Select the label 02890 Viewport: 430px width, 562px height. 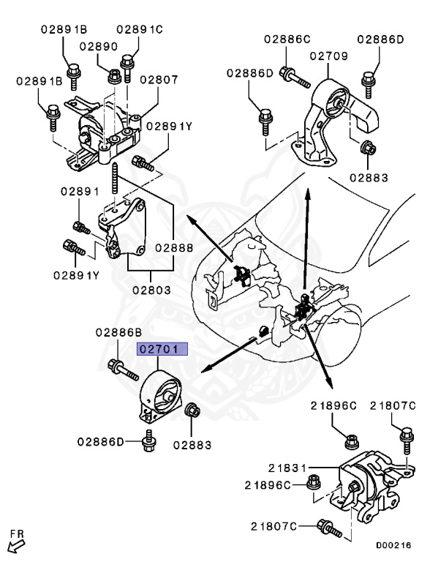(99, 46)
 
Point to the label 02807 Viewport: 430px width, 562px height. (159, 80)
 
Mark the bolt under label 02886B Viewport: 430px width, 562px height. (123, 370)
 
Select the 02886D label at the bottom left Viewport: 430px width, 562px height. (102, 441)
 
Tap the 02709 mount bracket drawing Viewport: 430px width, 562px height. (336, 121)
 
